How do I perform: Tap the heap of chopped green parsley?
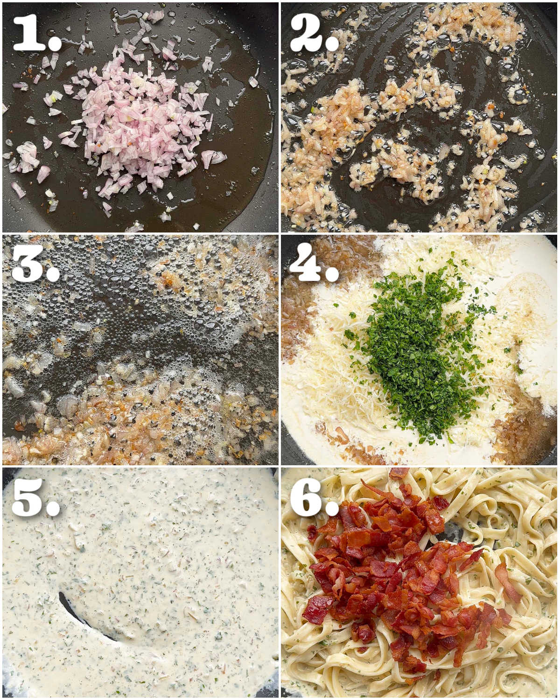coord(411,345)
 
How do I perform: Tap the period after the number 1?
coord(55,43)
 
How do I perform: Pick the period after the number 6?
coord(332,508)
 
